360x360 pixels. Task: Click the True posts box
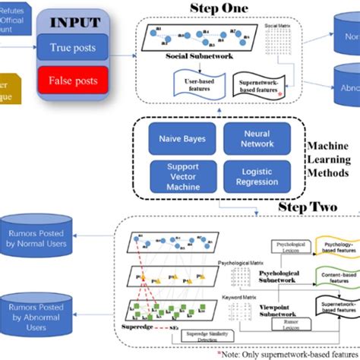[73, 49]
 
